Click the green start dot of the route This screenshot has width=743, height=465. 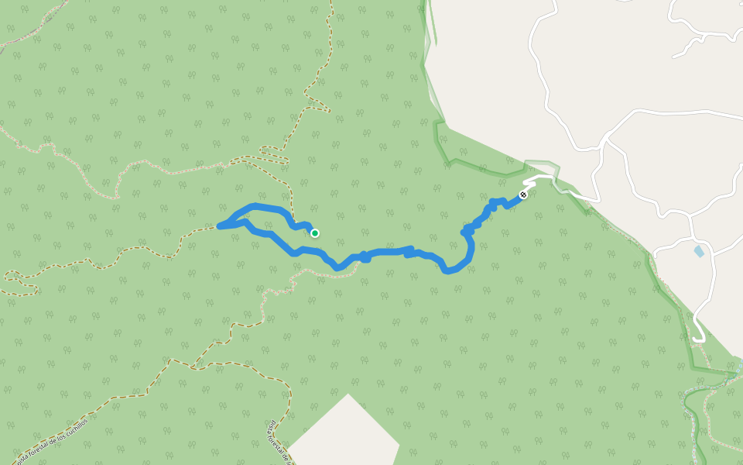(x=315, y=232)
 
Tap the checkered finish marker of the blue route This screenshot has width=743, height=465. (x=523, y=195)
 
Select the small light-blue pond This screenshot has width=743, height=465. (x=700, y=251)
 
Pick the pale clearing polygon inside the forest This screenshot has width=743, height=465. (x=344, y=438)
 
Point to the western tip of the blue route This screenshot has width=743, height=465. (x=220, y=226)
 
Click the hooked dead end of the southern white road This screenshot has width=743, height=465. (x=699, y=338)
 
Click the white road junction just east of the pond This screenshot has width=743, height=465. (x=711, y=253)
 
